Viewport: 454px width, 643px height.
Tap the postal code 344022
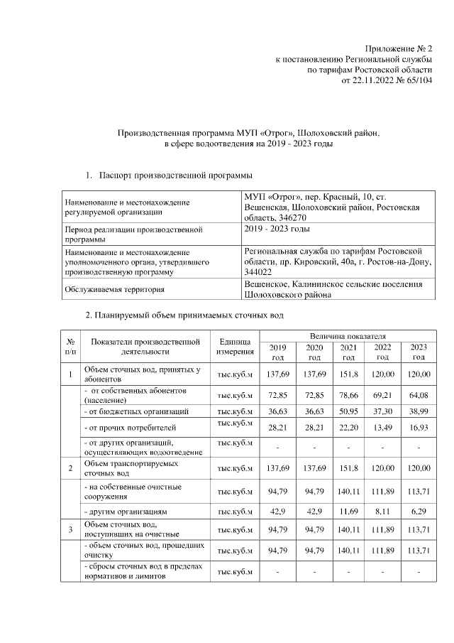[257, 271]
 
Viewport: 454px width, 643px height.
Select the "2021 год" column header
[348, 352]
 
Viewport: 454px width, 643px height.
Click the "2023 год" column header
[419, 352]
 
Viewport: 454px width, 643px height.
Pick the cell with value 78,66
[348, 393]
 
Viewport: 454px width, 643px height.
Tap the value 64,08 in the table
[419, 393]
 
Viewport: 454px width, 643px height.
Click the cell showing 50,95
[348, 411]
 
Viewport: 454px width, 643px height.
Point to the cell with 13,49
[383, 428]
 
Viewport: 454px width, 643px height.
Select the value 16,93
[419, 428]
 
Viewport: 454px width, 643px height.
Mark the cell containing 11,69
[348, 511]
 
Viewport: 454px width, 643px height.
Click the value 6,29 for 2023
[419, 511]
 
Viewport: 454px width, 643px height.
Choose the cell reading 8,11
[383, 511]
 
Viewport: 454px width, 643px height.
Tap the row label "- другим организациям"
[125, 511]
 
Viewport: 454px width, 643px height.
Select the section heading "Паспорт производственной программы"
[177, 174]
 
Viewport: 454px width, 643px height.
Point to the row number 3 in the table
[71, 529]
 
